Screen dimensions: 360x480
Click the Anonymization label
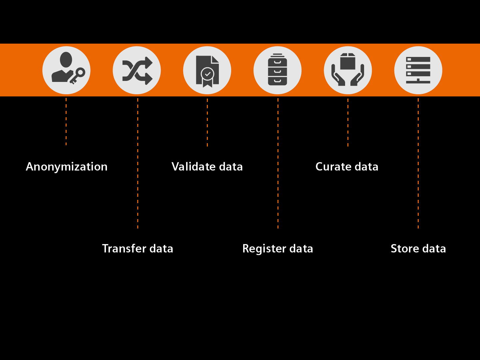tap(67, 167)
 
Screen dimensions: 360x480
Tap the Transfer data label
tap(138, 248)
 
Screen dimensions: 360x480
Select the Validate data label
tap(207, 167)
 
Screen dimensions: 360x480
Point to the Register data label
tap(277, 248)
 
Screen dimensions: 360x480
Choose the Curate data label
tap(347, 167)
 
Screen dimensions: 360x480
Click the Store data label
tap(418, 248)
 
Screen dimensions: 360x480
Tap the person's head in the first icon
tap(66, 60)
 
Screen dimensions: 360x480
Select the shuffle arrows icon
tap(137, 70)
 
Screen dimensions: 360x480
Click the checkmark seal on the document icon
tap(208, 74)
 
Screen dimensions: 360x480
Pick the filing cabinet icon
tap(277, 70)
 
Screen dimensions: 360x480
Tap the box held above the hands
tap(348, 62)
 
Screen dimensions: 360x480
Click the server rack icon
tap(418, 70)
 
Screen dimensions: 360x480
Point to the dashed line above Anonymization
tap(66, 122)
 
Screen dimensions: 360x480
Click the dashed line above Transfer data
tap(138, 163)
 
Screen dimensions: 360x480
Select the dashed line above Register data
tap(278, 163)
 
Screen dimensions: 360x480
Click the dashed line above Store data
tap(418, 163)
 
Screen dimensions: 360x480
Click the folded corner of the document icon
tap(215, 59)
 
